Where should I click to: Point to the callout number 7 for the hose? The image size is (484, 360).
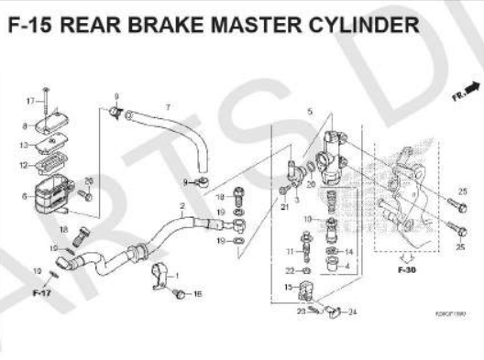coord(167,107)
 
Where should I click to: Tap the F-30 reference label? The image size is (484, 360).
coord(406,271)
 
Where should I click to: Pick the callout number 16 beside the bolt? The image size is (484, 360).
coord(198,294)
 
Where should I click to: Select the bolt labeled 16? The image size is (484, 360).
coord(180,293)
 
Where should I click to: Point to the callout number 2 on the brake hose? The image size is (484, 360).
coord(182,205)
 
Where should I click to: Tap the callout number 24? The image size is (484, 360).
coord(354,311)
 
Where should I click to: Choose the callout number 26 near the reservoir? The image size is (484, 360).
coord(89,180)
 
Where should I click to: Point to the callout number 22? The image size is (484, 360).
coord(290,270)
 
